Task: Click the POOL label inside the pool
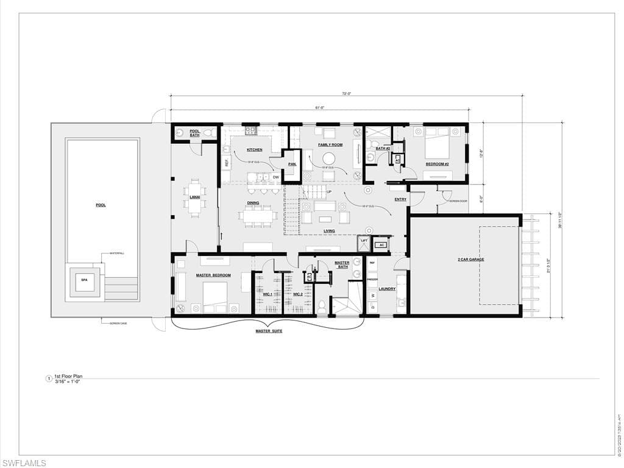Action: click(x=101, y=205)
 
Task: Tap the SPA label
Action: click(x=84, y=280)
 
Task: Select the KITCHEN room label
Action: click(x=254, y=150)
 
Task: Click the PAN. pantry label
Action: click(x=292, y=165)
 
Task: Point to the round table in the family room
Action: click(x=328, y=157)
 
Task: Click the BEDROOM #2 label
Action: click(x=437, y=164)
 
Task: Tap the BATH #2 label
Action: click(x=383, y=148)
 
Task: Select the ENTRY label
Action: click(x=400, y=199)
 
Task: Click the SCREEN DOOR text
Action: click(x=458, y=201)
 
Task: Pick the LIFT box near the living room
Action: click(x=364, y=241)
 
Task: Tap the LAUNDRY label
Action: click(x=387, y=289)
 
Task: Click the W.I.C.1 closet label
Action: click(x=267, y=294)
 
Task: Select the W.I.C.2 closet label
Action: click(x=297, y=294)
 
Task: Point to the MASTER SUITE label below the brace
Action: click(x=269, y=331)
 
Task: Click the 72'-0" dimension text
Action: click(x=346, y=94)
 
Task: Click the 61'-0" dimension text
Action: click(x=319, y=108)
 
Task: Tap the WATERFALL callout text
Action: click(x=117, y=253)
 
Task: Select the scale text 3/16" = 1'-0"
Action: click(x=67, y=381)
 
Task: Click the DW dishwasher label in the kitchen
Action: click(x=275, y=177)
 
